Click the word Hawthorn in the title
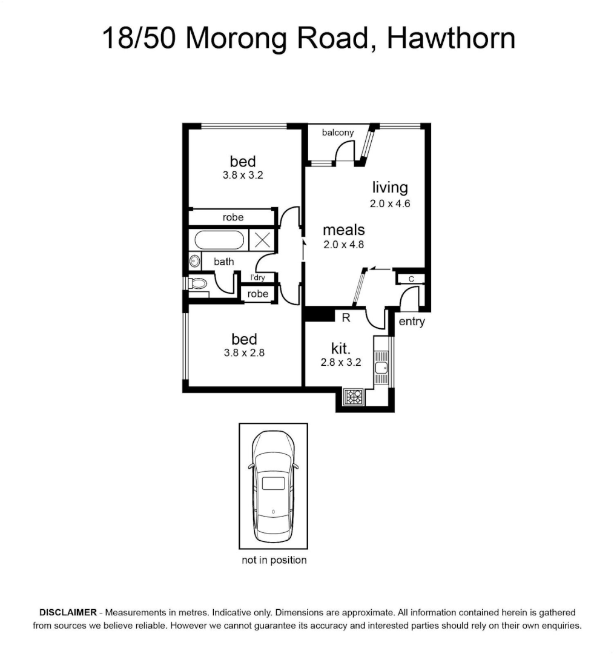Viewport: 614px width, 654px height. point(451,38)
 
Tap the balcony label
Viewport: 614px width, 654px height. point(338,133)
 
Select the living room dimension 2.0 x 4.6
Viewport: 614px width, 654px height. point(390,203)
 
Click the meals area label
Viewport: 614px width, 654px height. point(344,230)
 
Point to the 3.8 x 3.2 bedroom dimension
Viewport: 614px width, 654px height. point(243,175)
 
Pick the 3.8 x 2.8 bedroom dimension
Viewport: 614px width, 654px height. point(244,353)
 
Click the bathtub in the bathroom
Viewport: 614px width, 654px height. point(219,240)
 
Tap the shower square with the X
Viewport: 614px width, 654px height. point(262,240)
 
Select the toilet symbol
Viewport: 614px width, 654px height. point(198,283)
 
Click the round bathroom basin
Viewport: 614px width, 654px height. point(194,262)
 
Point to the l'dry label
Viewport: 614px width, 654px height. point(257,277)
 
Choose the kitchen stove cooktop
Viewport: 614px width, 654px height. point(353,397)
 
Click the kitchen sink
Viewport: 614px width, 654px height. point(381,368)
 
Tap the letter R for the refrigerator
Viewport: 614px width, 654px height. point(346,318)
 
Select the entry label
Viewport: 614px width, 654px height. point(412,322)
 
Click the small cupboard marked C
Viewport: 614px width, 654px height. point(411,279)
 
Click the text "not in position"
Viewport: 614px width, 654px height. point(274,560)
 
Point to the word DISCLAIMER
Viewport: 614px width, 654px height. point(68,612)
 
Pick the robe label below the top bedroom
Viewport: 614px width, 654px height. point(233,217)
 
